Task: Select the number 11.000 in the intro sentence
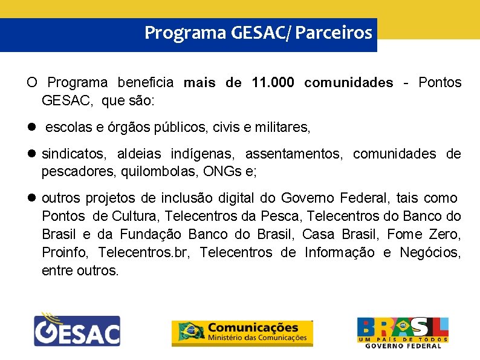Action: [x=272, y=83]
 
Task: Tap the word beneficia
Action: [x=145, y=83]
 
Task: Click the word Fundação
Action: [x=152, y=234]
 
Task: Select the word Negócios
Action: [x=430, y=252]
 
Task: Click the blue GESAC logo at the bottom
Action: [x=76, y=330]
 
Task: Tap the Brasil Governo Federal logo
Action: [x=403, y=332]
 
